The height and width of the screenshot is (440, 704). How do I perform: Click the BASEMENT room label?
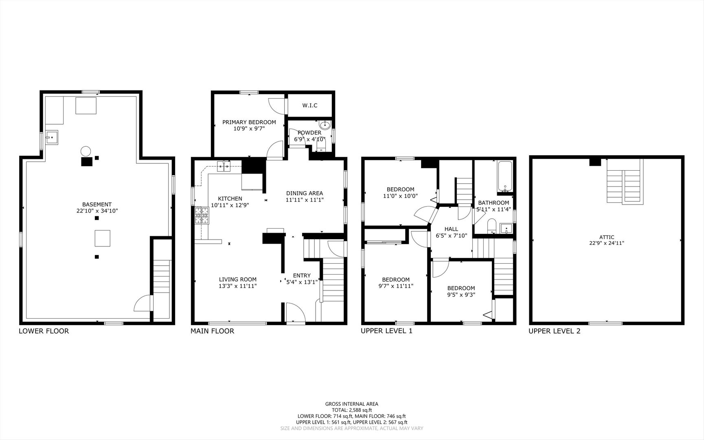click(97, 205)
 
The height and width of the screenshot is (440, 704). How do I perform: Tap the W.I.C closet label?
click(310, 106)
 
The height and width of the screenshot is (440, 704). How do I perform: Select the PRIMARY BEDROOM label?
click(249, 122)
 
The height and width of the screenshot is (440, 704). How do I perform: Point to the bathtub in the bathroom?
click(505, 177)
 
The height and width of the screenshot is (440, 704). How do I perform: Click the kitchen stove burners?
click(202, 216)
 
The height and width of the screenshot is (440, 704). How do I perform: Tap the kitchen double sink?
click(224, 165)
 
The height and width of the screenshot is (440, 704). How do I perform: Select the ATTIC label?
click(607, 237)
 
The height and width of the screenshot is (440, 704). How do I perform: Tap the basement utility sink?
click(52, 138)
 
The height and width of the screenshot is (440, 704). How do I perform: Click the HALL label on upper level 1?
click(451, 229)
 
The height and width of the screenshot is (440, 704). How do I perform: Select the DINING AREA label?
click(305, 194)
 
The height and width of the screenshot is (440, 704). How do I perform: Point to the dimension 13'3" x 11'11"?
click(238, 286)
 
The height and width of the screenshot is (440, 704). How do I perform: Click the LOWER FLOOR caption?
click(44, 331)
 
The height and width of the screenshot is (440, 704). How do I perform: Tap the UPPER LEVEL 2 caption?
click(555, 331)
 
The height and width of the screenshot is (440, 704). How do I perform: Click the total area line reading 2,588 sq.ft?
click(352, 410)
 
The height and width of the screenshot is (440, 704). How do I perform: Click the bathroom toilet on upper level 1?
click(492, 226)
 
